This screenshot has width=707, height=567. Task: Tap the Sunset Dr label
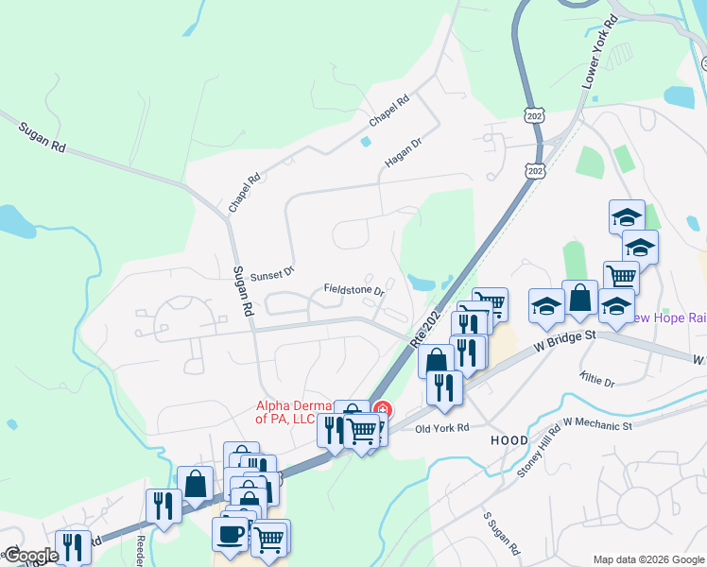(x=272, y=272)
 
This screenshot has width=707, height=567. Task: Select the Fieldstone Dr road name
(x=353, y=289)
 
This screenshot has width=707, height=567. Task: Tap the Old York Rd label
(x=443, y=428)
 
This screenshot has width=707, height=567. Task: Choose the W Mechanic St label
(x=597, y=426)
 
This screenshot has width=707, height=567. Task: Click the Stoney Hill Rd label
(x=540, y=448)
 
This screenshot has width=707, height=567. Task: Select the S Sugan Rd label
(x=502, y=534)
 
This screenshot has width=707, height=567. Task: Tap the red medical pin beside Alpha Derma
(x=383, y=410)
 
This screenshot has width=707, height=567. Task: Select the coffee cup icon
(x=230, y=533)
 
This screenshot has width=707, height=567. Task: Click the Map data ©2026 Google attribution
(x=647, y=559)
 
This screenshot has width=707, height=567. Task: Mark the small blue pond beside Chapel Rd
(x=366, y=142)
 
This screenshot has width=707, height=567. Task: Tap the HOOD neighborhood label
(x=509, y=441)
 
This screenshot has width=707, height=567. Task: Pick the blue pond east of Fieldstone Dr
(x=422, y=282)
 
